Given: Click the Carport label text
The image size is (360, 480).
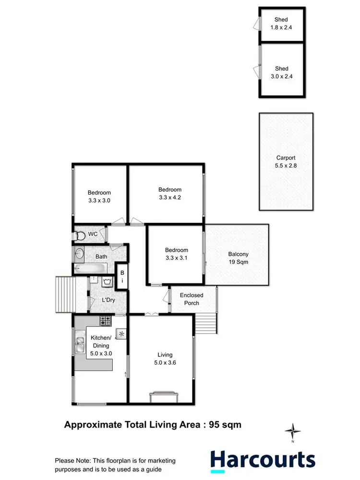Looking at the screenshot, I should click(x=286, y=158).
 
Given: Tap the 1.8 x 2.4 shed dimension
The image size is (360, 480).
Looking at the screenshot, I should click(x=281, y=27).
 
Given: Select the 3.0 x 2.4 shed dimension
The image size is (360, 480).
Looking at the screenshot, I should click(x=281, y=76).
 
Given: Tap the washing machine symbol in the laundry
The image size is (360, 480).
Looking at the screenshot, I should click(x=107, y=283).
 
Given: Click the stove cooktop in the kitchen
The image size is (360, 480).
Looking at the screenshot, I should click(x=106, y=320).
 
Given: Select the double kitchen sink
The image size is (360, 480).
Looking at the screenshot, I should click(x=80, y=342).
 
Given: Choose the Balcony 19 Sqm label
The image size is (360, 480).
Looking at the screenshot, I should click(x=238, y=258).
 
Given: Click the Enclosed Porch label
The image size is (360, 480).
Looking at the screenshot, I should click(x=192, y=299).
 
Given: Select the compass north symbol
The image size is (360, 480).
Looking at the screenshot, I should click(x=292, y=430).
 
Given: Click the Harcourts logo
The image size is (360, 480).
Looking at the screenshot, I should click(x=263, y=460).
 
